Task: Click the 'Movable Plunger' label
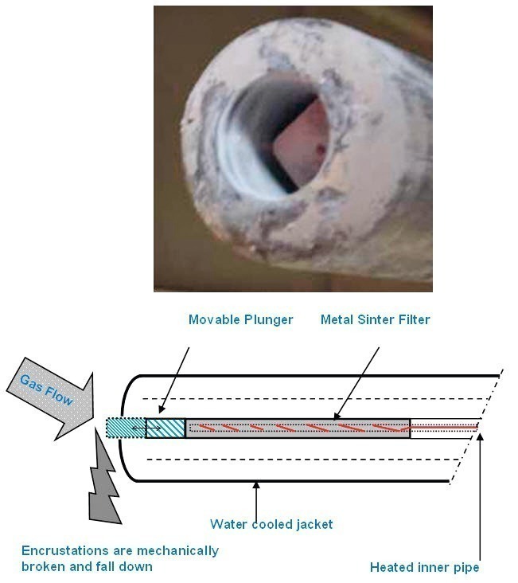(241, 319)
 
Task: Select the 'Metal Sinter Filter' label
(376, 319)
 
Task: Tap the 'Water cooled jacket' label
(271, 524)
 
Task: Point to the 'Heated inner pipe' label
(424, 567)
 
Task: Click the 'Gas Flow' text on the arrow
(46, 389)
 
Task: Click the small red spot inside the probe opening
(321, 150)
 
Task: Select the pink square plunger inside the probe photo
(302, 143)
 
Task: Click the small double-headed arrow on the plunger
(146, 428)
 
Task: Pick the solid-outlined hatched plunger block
(166, 428)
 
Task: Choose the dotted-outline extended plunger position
(126, 428)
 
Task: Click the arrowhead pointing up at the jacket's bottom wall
(256, 485)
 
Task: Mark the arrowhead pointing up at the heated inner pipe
(480, 436)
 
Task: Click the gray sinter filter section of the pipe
(298, 428)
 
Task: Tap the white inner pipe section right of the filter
(444, 428)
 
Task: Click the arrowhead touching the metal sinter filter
(337, 416)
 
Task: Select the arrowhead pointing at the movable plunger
(162, 409)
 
